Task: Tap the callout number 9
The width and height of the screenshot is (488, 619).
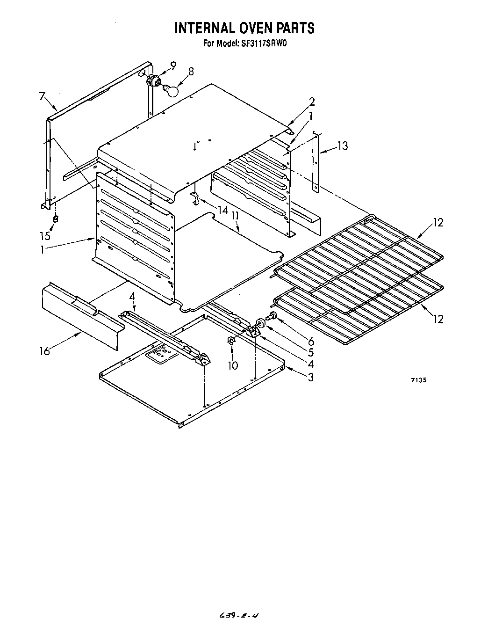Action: tap(173, 66)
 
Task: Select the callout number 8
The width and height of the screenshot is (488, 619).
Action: tap(191, 72)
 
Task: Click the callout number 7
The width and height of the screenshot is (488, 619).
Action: tap(43, 97)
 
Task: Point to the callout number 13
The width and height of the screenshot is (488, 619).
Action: tap(343, 146)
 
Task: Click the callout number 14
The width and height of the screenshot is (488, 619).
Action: tap(223, 210)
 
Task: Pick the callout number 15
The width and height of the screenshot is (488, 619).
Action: tap(45, 236)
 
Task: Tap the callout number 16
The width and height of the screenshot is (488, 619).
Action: tap(44, 350)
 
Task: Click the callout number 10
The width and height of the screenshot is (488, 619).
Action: tap(232, 365)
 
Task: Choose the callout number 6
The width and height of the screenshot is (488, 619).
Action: tap(311, 342)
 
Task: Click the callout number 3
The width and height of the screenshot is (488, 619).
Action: tap(311, 377)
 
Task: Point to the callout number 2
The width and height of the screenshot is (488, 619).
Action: tap(312, 102)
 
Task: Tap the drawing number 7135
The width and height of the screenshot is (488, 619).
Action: tap(418, 380)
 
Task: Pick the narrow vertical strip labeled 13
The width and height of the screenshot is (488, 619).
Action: tap(316, 161)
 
